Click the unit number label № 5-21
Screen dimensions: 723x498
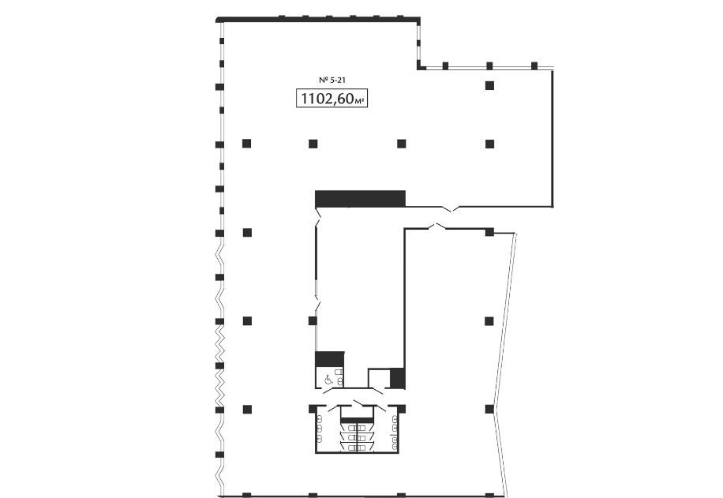click(332, 81)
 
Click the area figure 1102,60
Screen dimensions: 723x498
click(327, 98)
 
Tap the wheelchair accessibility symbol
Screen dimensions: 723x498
click(328, 380)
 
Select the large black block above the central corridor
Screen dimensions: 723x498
click(360, 199)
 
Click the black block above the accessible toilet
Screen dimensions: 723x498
click(330, 359)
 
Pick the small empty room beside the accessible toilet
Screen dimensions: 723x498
click(379, 379)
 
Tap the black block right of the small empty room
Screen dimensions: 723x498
click(398, 378)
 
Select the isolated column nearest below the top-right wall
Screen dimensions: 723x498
click(489, 85)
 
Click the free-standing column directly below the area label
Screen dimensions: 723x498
click(313, 144)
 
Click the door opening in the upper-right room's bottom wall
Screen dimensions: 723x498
click(448, 209)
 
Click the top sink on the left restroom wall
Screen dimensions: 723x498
click(319, 419)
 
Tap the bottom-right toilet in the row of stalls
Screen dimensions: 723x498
click(362, 447)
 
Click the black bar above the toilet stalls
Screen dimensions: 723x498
click(357, 420)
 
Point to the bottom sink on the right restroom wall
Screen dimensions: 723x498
click(395, 447)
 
